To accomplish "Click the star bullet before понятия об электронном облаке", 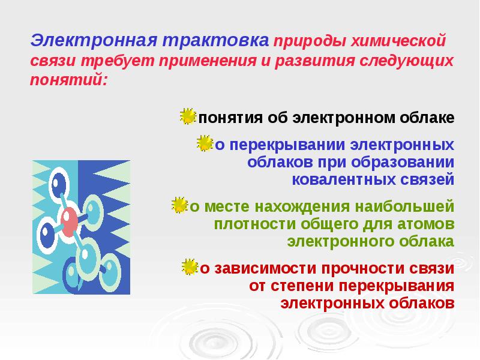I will click(188, 116).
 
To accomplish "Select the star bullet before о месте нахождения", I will click(179, 206).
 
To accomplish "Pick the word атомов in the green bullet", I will click(425, 224).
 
